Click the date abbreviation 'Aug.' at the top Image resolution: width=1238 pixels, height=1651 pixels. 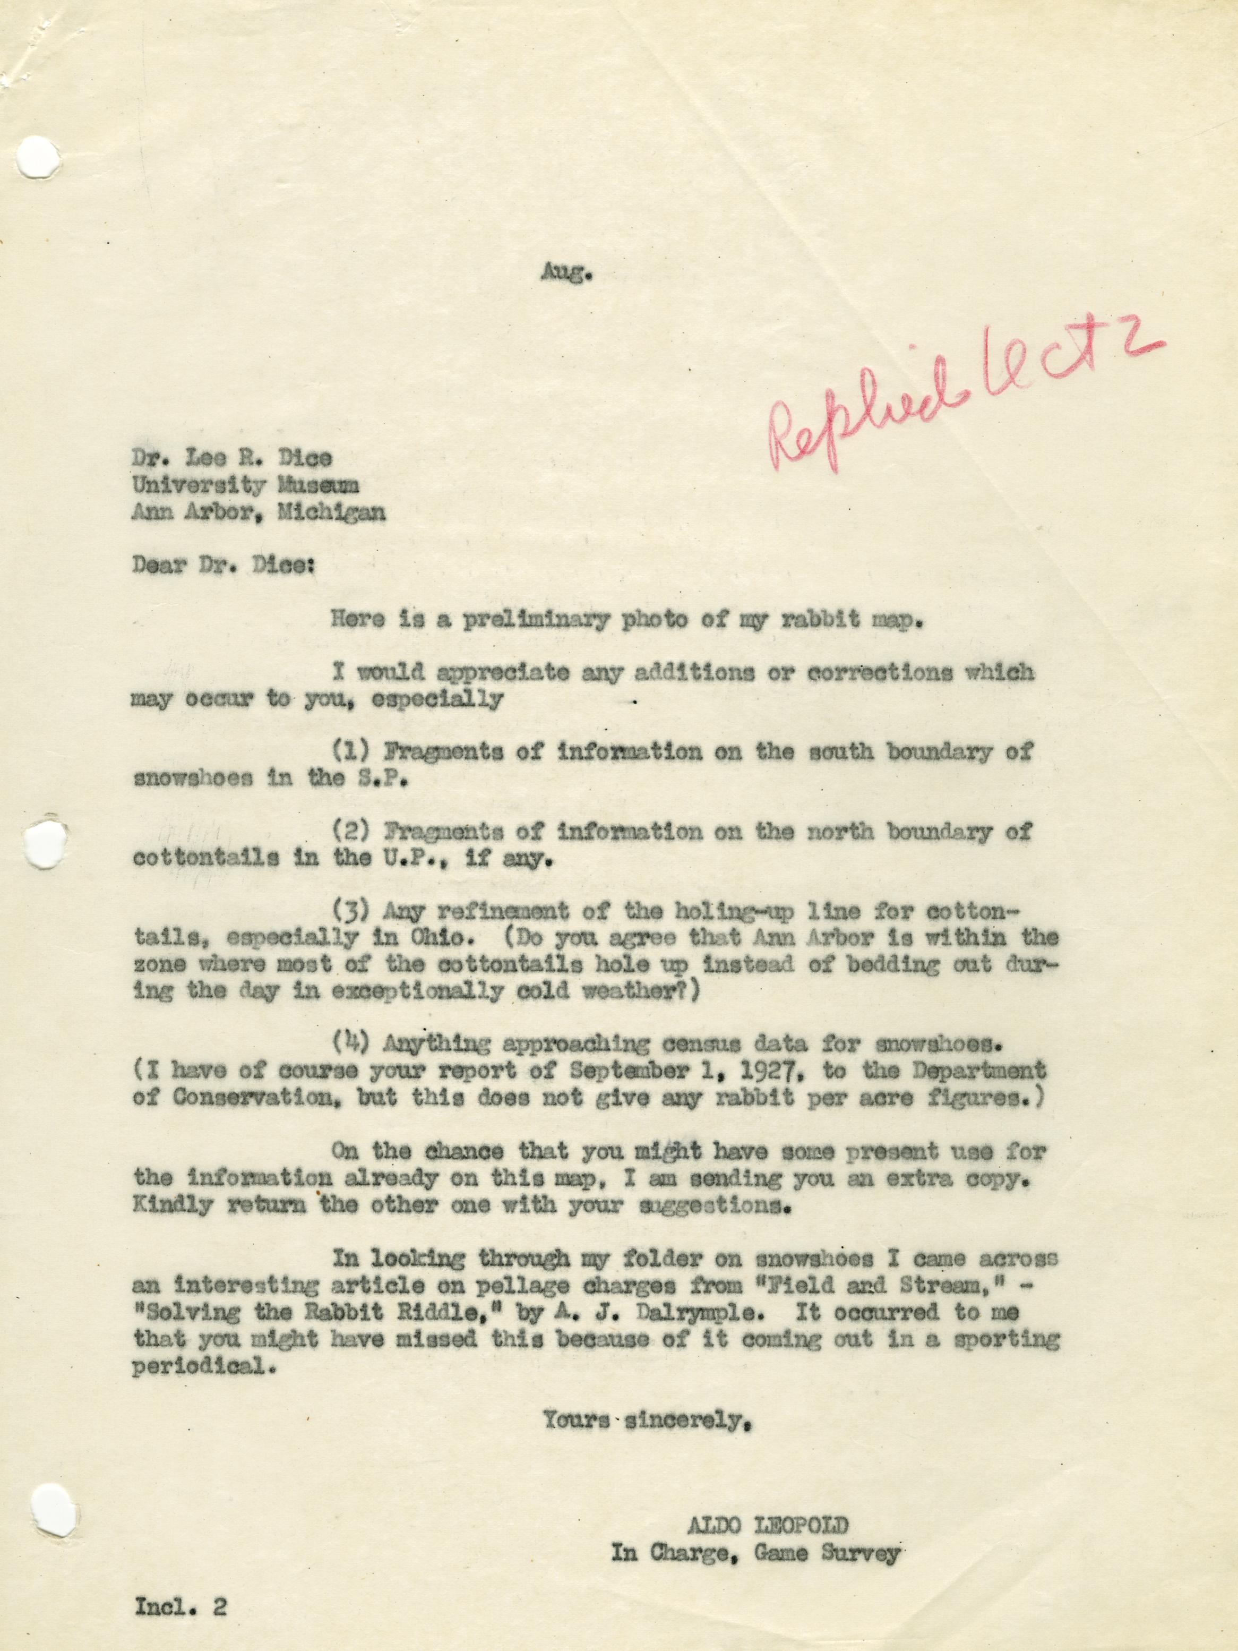(x=566, y=275)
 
